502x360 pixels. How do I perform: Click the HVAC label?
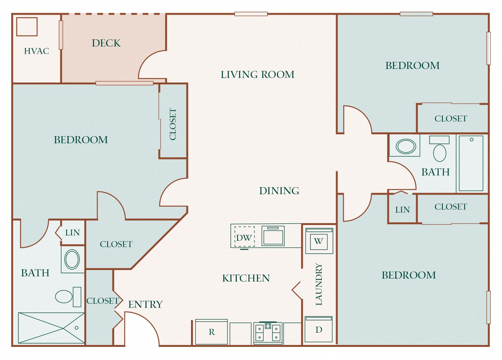click(36, 51)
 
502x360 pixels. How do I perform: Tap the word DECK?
click(106, 43)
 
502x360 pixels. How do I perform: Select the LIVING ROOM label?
click(257, 75)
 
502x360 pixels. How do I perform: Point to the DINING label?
click(279, 191)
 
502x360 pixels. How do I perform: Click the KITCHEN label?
click(246, 278)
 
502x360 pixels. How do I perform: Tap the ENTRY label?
click(145, 304)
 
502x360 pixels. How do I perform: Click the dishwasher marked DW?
click(244, 237)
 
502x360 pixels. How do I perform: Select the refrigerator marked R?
click(212, 332)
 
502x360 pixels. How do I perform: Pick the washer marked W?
click(319, 241)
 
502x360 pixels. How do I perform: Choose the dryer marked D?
click(318, 329)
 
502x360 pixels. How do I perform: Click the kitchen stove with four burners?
click(268, 332)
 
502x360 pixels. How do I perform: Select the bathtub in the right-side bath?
click(471, 163)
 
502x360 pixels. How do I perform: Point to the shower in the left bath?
click(51, 328)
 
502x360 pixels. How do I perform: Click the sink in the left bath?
click(72, 259)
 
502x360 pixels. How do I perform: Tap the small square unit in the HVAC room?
click(27, 27)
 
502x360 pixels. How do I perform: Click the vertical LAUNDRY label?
click(319, 284)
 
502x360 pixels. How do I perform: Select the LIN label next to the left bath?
click(72, 232)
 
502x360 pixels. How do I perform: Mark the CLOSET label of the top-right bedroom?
click(451, 118)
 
